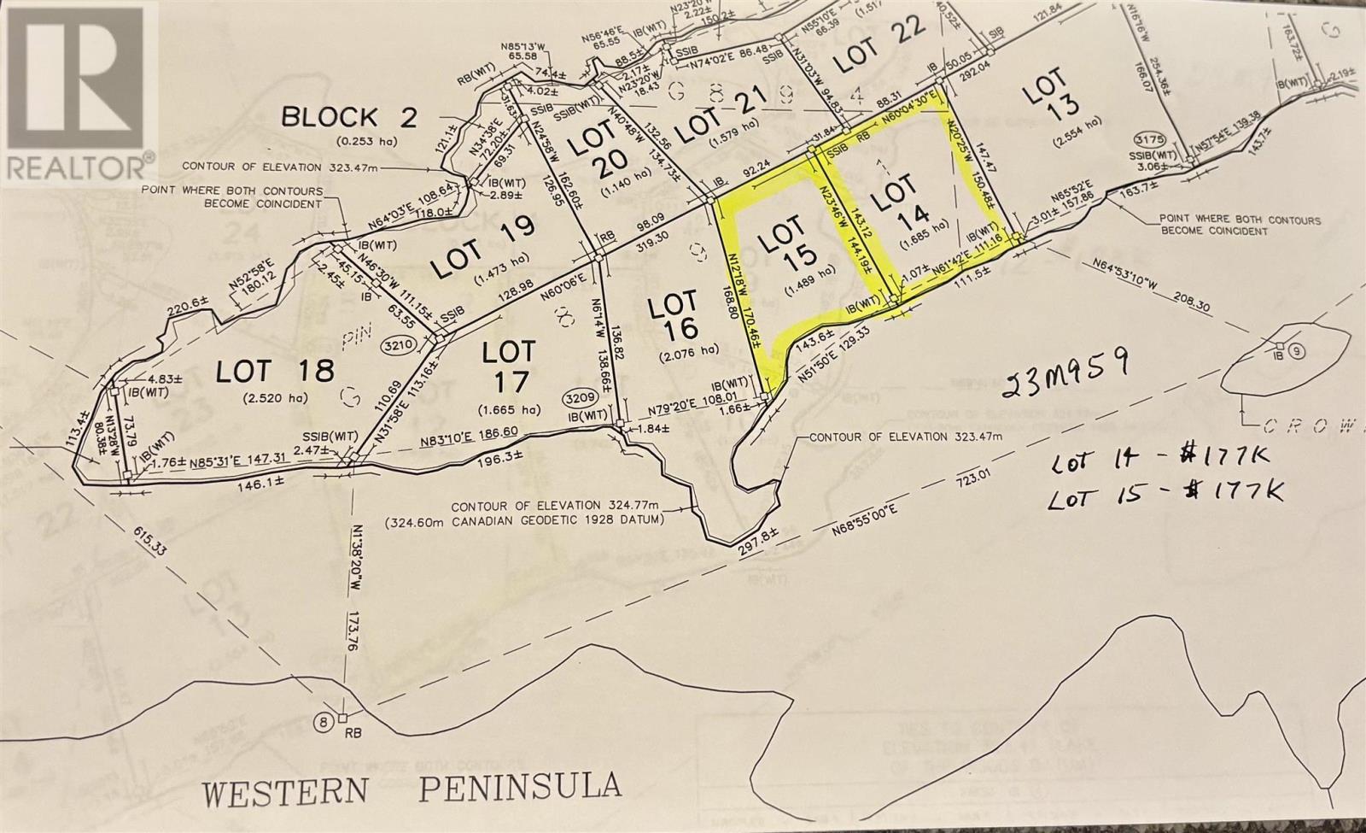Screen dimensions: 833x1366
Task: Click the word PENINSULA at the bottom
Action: (520, 785)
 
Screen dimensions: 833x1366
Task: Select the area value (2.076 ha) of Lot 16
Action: (683, 354)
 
